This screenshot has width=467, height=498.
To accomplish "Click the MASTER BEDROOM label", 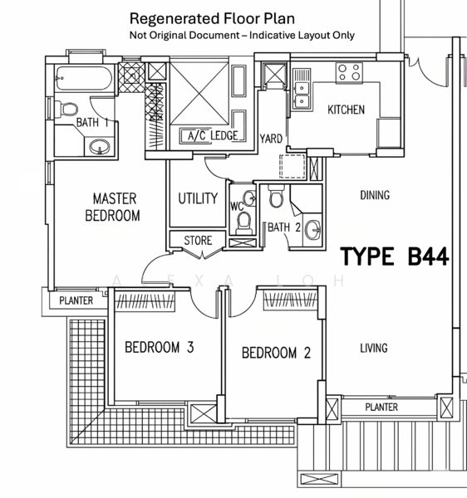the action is click(x=112, y=207).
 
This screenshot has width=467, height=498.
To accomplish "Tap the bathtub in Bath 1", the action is click(x=84, y=79).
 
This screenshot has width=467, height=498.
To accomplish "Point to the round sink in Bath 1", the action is click(x=100, y=147).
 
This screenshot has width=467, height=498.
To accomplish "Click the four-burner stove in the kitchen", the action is click(x=349, y=73).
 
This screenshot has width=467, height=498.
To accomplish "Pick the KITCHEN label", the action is click(x=346, y=110).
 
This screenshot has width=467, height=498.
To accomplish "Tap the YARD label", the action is click(x=271, y=139).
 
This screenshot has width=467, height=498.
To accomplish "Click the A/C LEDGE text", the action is click(x=213, y=136).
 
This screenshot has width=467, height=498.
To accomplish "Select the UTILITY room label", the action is click(x=198, y=198).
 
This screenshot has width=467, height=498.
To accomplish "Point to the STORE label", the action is click(x=198, y=241).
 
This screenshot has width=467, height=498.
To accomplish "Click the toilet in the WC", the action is click(x=244, y=223).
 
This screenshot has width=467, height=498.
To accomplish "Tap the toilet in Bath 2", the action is click(x=276, y=196).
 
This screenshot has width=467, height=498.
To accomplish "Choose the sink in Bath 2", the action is click(x=313, y=229).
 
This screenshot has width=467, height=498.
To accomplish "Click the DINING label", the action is click(x=375, y=195).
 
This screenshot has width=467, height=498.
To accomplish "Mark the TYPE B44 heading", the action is click(x=395, y=256).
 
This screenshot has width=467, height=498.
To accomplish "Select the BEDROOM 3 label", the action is click(x=160, y=347).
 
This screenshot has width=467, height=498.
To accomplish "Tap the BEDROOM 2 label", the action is click(x=276, y=353).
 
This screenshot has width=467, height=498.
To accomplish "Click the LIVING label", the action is click(x=374, y=348).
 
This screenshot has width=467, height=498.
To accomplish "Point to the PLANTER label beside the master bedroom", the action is click(x=76, y=300).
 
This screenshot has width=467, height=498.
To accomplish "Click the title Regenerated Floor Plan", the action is click(x=212, y=18).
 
